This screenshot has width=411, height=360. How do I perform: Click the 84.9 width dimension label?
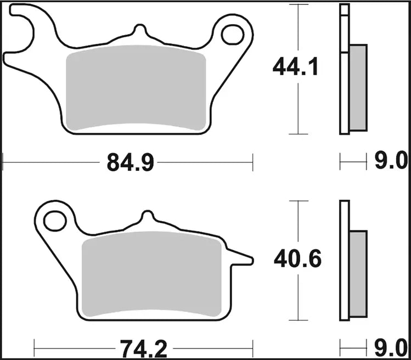(128, 163)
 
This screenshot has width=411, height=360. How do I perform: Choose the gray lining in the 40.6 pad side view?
(358, 274)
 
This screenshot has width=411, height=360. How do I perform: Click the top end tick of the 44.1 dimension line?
(298, 4)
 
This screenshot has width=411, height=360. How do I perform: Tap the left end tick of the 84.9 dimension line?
(4, 162)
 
